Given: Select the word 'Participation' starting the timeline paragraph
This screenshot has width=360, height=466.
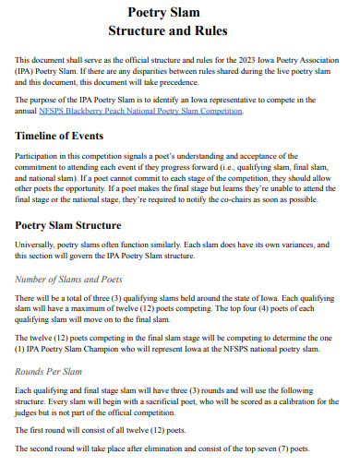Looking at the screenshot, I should tap(40, 156).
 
